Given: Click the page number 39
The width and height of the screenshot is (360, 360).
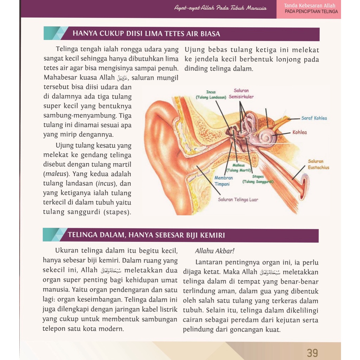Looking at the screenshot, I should tap(312, 352).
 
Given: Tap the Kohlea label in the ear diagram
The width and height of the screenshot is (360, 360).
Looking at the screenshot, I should tap(300, 133).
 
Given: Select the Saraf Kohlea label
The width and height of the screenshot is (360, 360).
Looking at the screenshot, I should tap(314, 118).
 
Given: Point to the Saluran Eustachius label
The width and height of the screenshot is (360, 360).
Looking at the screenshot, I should tap(319, 165).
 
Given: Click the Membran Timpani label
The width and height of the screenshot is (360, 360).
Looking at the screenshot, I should tap(224, 181).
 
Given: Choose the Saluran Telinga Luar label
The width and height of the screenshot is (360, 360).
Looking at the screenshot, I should tap(238, 200).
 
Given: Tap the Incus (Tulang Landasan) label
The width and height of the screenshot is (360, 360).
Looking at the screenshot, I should tap(211, 95).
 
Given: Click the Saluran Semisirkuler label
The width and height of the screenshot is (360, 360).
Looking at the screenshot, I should tap(241, 94).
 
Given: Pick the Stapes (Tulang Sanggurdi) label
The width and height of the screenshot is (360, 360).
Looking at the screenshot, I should tap(258, 179).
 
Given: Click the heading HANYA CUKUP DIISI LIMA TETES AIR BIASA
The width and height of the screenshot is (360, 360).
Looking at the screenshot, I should tap(146, 34).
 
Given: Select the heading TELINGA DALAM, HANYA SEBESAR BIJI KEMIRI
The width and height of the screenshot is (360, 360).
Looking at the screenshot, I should tap(146, 235).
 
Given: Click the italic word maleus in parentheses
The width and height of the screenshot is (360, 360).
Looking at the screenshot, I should tap(53, 174).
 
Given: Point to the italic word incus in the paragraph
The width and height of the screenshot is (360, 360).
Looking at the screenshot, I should tap(105, 184).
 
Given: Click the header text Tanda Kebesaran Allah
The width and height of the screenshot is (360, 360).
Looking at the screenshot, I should tap(310, 6).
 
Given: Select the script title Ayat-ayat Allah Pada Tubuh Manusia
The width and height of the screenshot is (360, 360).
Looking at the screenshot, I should tap(220, 8).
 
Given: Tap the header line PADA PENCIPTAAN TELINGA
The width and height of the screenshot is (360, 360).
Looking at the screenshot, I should tap(311, 12).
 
